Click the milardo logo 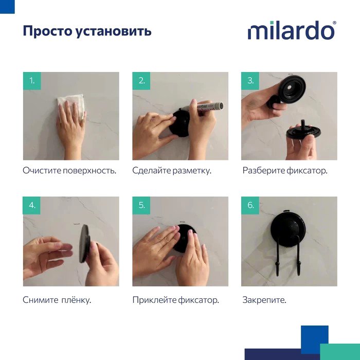(292, 30)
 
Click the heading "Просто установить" (87, 31)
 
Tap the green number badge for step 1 (32, 81)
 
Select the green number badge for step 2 (141, 81)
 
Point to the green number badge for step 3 (250, 81)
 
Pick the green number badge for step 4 (32, 205)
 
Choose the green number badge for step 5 (141, 205)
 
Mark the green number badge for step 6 (250, 205)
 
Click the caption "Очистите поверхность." (69, 171)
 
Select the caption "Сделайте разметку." (172, 171)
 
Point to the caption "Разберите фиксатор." (285, 171)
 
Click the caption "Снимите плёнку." (57, 300)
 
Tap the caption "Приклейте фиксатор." (176, 300)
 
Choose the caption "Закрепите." (264, 300)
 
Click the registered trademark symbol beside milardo (334, 23)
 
